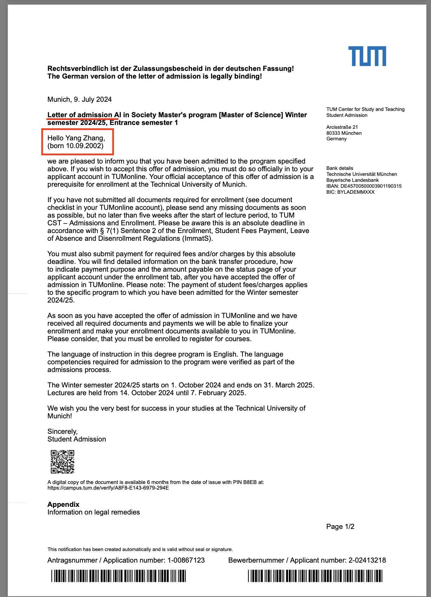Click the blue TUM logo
pyautogui.click(x=367, y=56)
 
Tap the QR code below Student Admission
pyautogui.click(x=63, y=462)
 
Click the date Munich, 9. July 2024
pyautogui.click(x=79, y=99)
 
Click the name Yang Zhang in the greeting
pyautogui.click(x=84, y=138)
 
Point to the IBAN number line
pyautogui.click(x=364, y=186)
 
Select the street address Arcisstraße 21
pyautogui.click(x=342, y=127)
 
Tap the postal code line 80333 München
pyautogui.click(x=344, y=133)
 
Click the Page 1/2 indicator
pyautogui.click(x=340, y=526)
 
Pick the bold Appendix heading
pyautogui.click(x=63, y=504)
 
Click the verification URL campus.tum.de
pyautogui.click(x=108, y=488)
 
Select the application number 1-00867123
pyautogui.click(x=186, y=560)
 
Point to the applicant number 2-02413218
pyautogui.click(x=367, y=560)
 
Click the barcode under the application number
pyautogui.click(x=118, y=576)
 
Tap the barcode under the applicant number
pyautogui.click(x=315, y=576)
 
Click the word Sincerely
pyautogui.click(x=62, y=431)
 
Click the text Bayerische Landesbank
pyautogui.click(x=352, y=180)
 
